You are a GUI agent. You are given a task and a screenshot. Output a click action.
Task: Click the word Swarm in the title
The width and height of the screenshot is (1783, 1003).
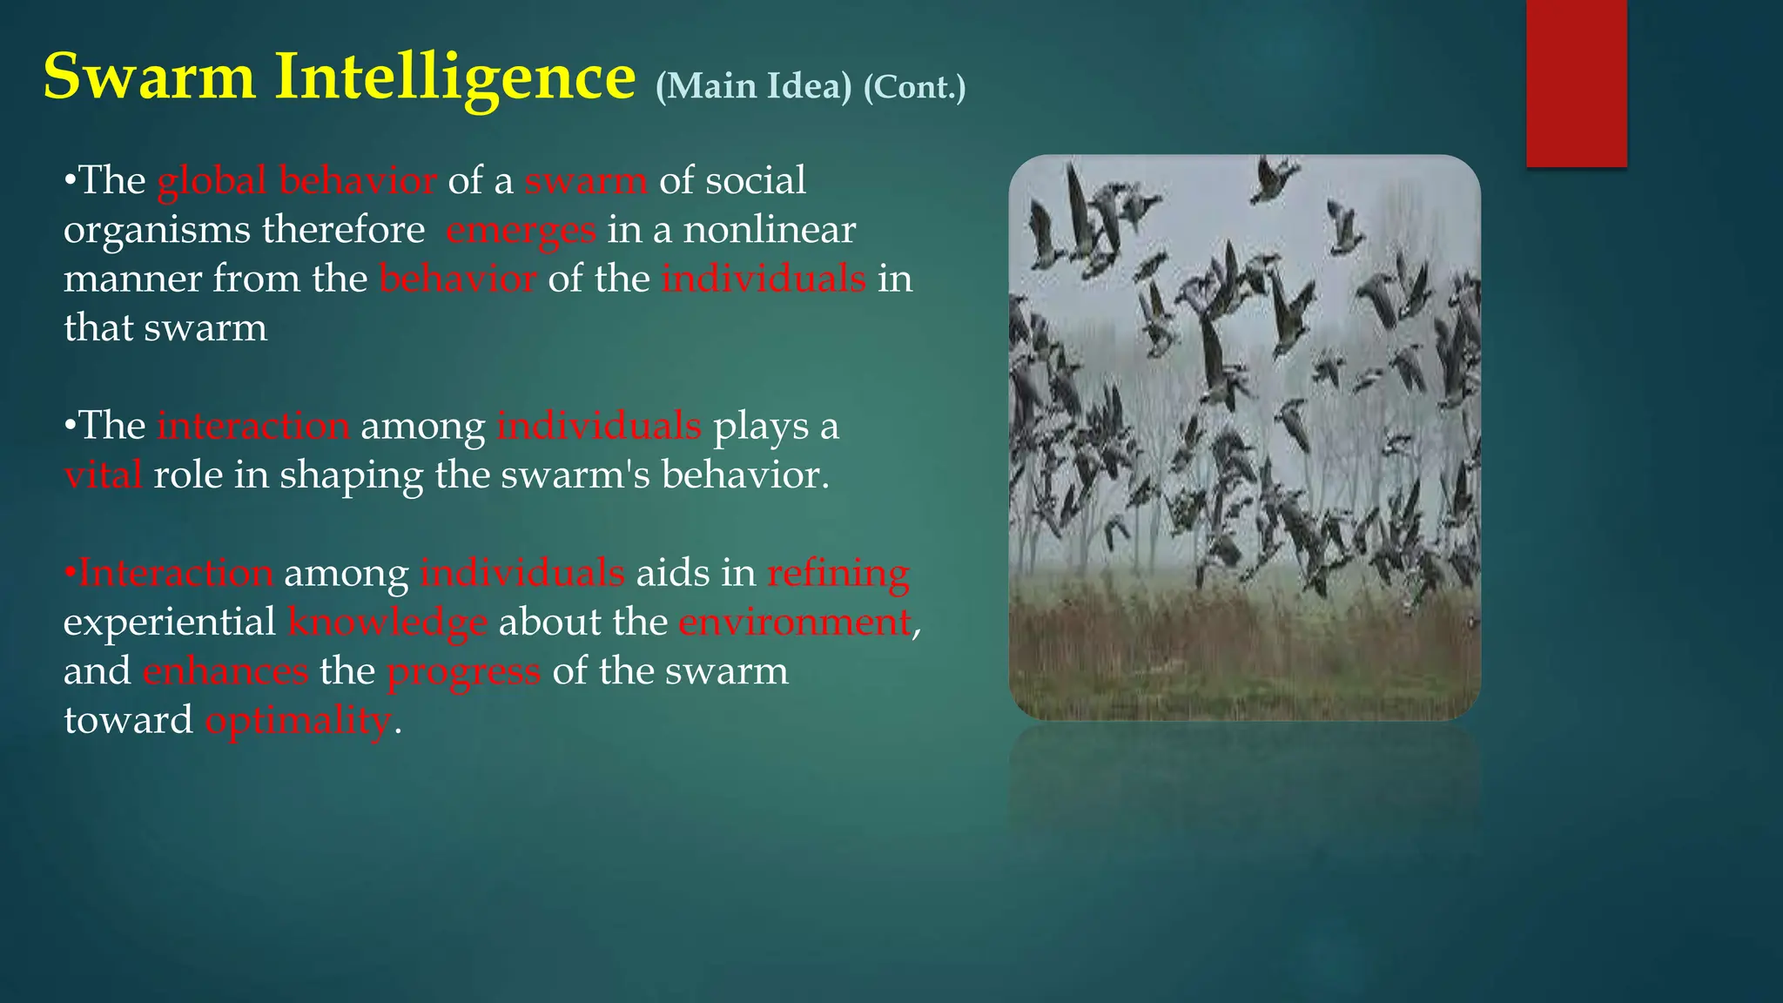pos(149,77)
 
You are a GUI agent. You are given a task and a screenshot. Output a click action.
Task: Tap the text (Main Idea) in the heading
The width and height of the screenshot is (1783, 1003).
pos(753,86)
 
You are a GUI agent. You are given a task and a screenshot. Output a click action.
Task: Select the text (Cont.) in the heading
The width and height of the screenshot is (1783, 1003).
pos(914,87)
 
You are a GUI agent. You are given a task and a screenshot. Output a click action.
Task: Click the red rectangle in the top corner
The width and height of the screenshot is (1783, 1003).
pos(1576,83)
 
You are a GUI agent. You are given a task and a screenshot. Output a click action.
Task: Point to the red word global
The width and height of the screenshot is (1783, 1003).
pos(212,181)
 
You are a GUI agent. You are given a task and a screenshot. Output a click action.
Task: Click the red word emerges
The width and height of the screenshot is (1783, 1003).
pos(521,231)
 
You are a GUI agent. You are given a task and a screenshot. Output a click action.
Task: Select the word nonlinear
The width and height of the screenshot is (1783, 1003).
pos(770,230)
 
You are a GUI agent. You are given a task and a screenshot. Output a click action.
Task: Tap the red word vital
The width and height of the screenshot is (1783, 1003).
pos(103,475)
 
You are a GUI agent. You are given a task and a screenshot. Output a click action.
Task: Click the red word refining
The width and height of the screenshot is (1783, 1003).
pos(838,574)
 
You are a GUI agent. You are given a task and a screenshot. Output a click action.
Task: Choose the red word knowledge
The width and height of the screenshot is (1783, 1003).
pos(387,623)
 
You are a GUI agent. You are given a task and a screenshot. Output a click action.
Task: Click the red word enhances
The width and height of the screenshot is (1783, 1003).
pos(225,671)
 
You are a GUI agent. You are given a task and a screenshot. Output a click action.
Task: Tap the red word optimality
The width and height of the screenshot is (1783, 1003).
pos(298,721)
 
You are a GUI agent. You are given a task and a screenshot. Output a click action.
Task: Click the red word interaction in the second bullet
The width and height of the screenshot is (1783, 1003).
pos(253,427)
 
